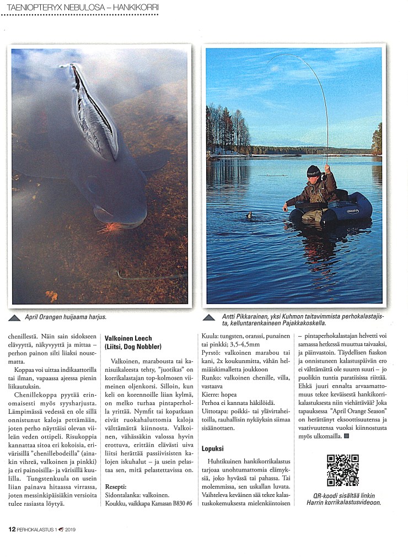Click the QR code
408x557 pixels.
(342, 470)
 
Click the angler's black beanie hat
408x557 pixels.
(314, 171)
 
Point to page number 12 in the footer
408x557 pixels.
(12, 529)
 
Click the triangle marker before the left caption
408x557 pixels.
(17, 318)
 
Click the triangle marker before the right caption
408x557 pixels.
(210, 318)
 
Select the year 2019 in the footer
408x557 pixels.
(70, 529)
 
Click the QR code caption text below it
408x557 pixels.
(343, 498)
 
